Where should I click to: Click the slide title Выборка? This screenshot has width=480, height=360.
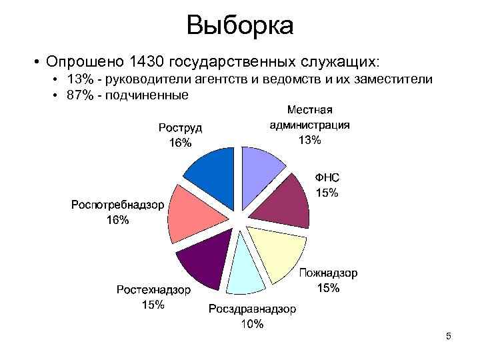pos(240,26)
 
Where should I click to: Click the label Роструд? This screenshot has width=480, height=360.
pos(180,127)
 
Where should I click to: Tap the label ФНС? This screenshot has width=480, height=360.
pos(327,178)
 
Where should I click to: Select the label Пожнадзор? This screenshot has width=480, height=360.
pos(328,273)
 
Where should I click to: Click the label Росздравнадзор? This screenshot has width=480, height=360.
pos(253,309)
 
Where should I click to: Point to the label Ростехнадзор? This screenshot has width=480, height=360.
pos(153,290)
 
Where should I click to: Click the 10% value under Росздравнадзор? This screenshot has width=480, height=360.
pos(253,325)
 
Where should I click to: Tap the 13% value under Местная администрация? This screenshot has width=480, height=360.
pos(310,140)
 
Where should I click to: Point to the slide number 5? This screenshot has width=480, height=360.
pos(449,336)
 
